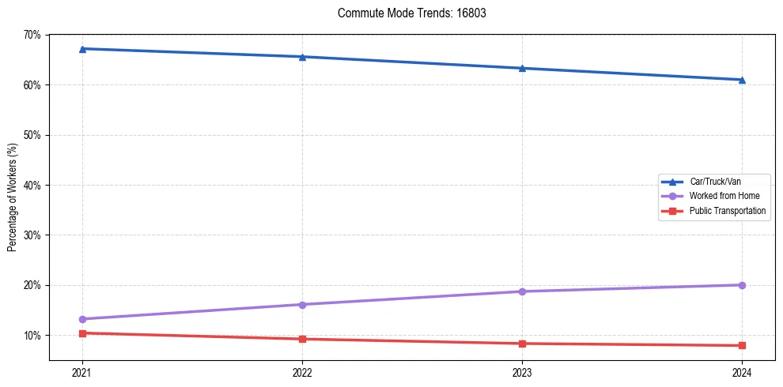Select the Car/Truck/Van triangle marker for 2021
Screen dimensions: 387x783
(82, 49)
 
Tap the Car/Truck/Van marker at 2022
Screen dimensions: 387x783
(302, 57)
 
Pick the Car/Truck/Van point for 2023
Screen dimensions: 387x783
(522, 68)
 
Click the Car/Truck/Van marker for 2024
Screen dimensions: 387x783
(742, 80)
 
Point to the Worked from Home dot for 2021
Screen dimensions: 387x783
(82, 319)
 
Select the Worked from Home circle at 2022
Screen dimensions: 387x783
(302, 305)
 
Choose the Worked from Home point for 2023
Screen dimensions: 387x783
(522, 291)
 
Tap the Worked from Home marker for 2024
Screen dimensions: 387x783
(742, 285)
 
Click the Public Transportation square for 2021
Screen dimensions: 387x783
(82, 333)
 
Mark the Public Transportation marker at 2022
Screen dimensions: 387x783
(302, 339)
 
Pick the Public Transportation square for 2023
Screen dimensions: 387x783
(522, 344)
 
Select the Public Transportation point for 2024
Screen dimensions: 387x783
(742, 345)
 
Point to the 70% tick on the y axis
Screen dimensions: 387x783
(32, 35)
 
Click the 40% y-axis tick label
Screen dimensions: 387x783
(32, 185)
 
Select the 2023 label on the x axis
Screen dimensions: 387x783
(522, 371)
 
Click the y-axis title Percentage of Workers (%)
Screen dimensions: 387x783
(13, 197)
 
